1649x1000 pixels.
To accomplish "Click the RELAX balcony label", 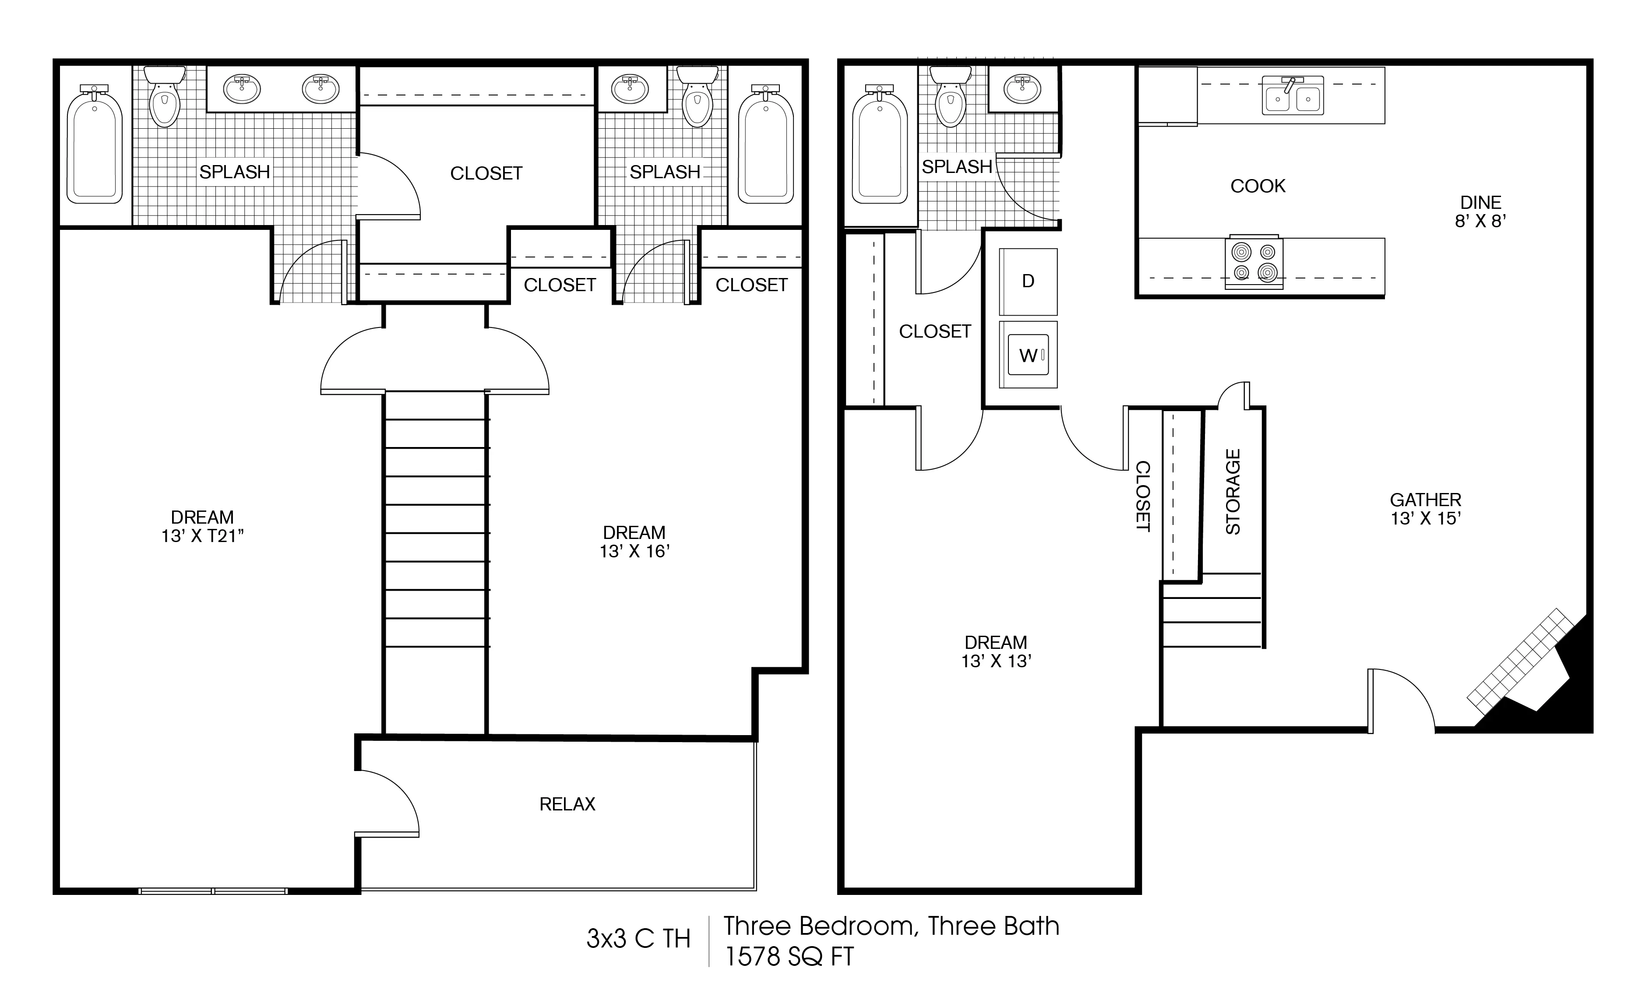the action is click(567, 804).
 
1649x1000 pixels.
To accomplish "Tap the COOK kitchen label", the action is click(1258, 186).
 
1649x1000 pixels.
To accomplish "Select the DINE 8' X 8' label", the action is click(1480, 211).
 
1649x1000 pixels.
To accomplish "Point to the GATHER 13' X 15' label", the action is click(1426, 509).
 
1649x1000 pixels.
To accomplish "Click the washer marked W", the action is click(1028, 355).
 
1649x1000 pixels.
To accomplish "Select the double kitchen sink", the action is click(1292, 96).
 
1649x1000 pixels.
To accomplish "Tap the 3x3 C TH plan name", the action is click(638, 939).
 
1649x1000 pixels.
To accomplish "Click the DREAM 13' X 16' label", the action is click(634, 542).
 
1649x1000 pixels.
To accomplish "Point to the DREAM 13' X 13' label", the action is click(996, 651).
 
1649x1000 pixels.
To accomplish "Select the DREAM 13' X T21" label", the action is click(202, 526).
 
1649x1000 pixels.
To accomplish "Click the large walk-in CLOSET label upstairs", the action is click(486, 173).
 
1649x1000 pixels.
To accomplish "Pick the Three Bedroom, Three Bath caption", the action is click(891, 926).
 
